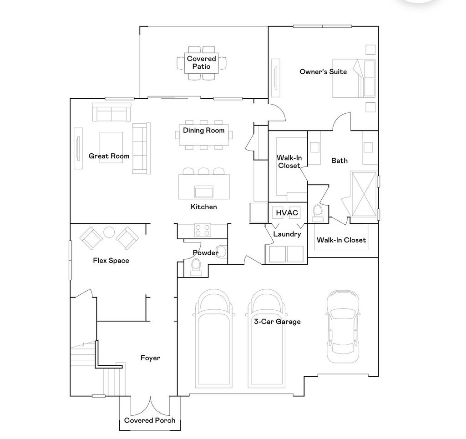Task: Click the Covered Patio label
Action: [202, 62]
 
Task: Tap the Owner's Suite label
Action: [323, 71]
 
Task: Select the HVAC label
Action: [287, 213]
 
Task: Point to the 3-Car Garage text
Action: [278, 322]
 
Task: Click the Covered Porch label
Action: [150, 420]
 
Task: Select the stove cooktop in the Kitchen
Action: [202, 230]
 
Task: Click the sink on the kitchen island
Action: [203, 192]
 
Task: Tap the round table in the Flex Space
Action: [109, 232]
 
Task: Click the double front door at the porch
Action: [150, 404]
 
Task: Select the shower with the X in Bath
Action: [363, 195]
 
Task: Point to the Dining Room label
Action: [203, 131]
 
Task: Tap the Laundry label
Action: [287, 234]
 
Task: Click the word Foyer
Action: [150, 358]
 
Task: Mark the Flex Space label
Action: [111, 261]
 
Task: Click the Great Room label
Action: [109, 156]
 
